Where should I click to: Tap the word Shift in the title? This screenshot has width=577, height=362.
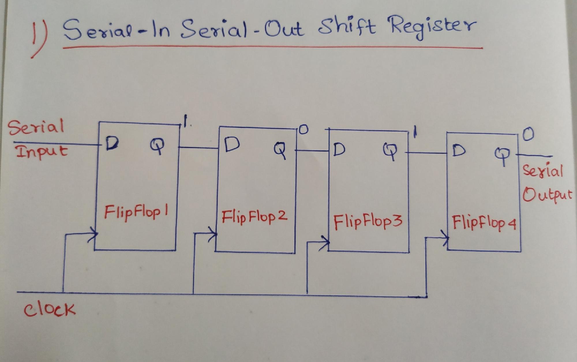pyautogui.click(x=347, y=27)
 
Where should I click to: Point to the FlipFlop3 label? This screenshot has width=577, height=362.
pyautogui.click(x=368, y=222)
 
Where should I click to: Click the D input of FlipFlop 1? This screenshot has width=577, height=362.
pyautogui.click(x=112, y=143)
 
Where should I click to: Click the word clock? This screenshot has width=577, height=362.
pyautogui.click(x=49, y=309)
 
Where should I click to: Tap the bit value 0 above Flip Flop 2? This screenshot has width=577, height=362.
pyautogui.click(x=303, y=130)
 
